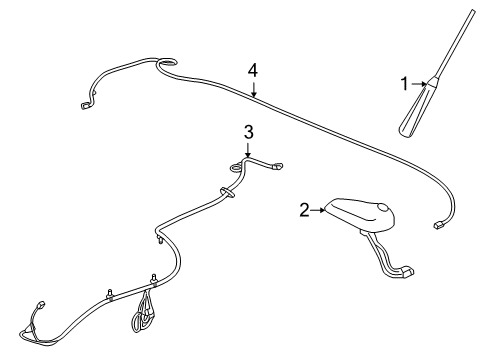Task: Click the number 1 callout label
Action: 406,85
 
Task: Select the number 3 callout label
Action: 249,131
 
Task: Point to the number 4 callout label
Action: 254,70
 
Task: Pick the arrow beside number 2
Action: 321,209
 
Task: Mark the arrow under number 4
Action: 254,91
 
